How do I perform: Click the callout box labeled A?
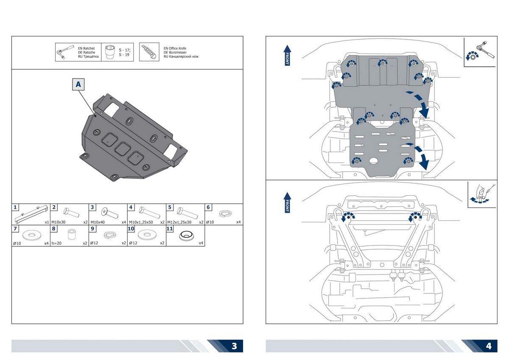78,85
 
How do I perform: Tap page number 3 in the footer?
235,346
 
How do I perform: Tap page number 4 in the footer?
489,346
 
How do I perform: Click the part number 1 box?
15,207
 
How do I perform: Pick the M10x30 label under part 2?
58,222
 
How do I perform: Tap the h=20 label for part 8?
56,243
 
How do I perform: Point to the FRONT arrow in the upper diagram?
287,55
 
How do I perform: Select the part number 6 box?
209,207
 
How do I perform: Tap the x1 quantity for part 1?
46,222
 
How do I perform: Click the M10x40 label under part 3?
97,222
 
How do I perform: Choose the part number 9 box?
92,228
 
